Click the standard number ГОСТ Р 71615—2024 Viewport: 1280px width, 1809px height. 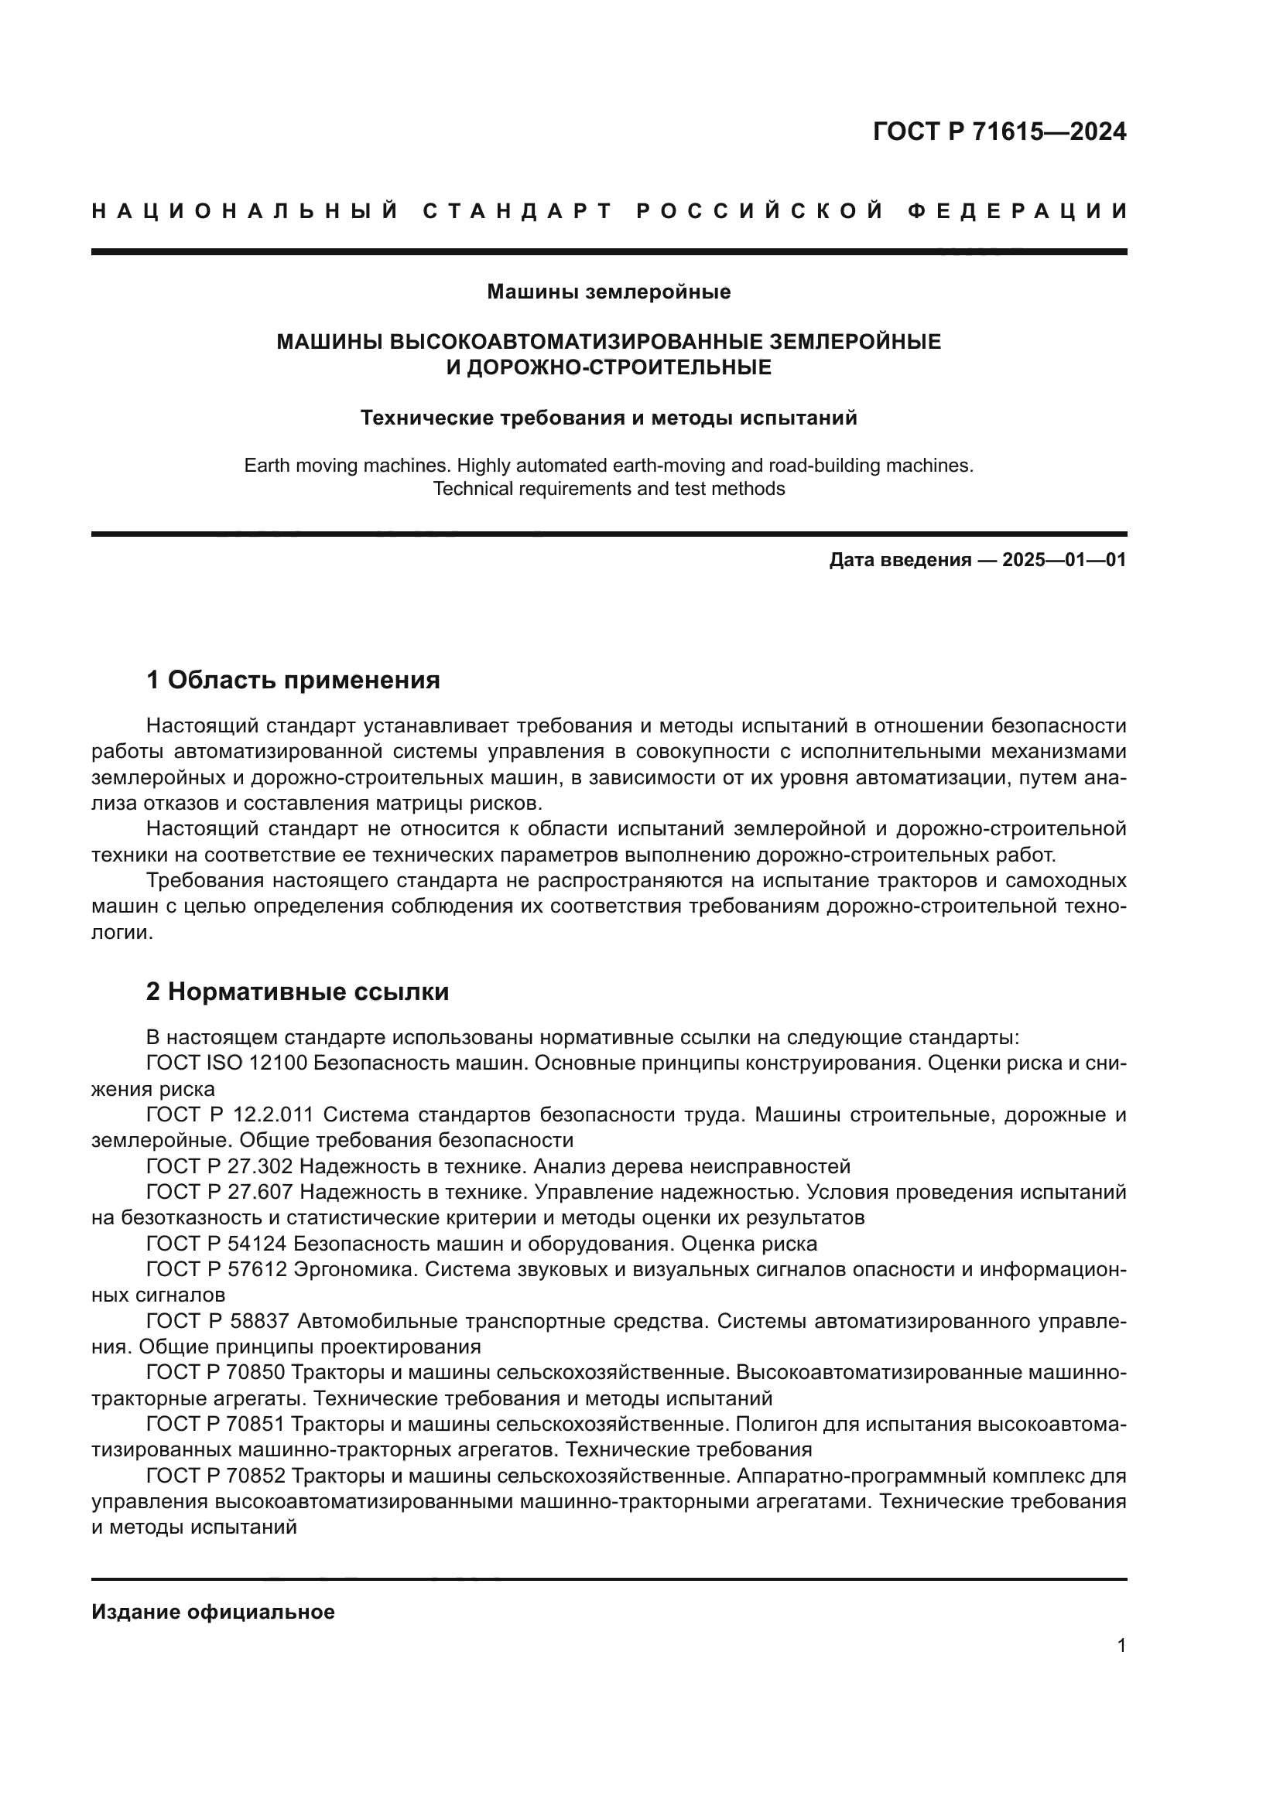click(998, 131)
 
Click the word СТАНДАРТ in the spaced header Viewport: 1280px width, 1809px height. click(517, 211)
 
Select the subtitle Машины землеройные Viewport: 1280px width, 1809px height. click(608, 292)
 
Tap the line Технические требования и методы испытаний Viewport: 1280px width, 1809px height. click(608, 418)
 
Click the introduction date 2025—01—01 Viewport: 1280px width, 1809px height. click(1063, 560)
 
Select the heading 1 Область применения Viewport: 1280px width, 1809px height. click(293, 679)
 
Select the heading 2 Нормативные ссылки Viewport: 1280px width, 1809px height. click(297, 992)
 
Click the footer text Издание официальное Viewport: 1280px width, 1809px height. click(213, 1612)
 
